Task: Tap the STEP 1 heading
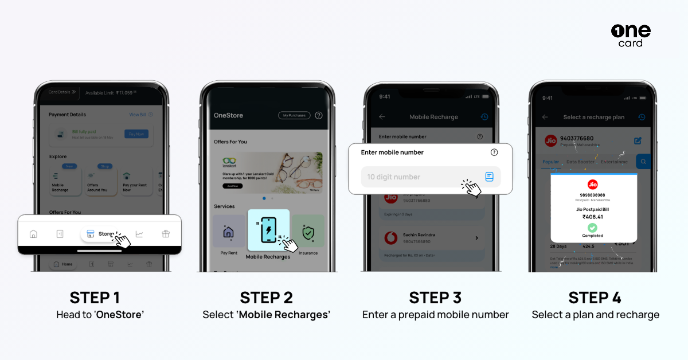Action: pyautogui.click(x=95, y=298)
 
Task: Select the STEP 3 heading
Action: pyautogui.click(x=435, y=298)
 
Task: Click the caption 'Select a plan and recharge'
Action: pyautogui.click(x=595, y=315)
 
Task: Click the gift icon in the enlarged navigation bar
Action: pyautogui.click(x=166, y=234)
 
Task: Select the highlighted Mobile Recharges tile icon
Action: pyautogui.click(x=268, y=228)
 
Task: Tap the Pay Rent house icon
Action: pyautogui.click(x=228, y=232)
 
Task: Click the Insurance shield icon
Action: pyautogui.click(x=308, y=233)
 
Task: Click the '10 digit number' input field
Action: pyautogui.click(x=421, y=177)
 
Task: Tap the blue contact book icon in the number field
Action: pyautogui.click(x=489, y=177)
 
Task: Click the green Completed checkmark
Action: pyautogui.click(x=592, y=228)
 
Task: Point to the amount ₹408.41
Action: pyautogui.click(x=593, y=217)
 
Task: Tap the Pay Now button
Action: pyautogui.click(x=136, y=134)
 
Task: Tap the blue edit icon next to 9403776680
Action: pyautogui.click(x=638, y=140)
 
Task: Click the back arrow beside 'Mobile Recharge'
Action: pyautogui.click(x=382, y=117)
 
